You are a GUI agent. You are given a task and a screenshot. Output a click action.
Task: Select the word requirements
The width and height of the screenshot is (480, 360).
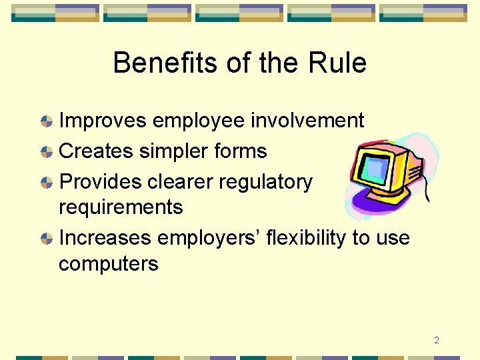point(120,207)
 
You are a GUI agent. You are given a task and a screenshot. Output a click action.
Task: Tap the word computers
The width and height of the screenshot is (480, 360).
point(108,264)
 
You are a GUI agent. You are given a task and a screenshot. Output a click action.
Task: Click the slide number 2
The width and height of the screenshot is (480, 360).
point(436,341)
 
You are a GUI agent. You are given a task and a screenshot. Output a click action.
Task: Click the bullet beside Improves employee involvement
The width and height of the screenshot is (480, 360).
point(47,121)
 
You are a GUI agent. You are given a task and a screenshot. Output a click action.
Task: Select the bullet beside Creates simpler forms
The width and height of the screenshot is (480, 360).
point(47,152)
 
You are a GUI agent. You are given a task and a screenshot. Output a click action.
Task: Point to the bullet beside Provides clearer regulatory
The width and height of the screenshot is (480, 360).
point(47,182)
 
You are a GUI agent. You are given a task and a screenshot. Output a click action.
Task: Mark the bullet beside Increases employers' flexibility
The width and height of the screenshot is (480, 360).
point(47,238)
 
